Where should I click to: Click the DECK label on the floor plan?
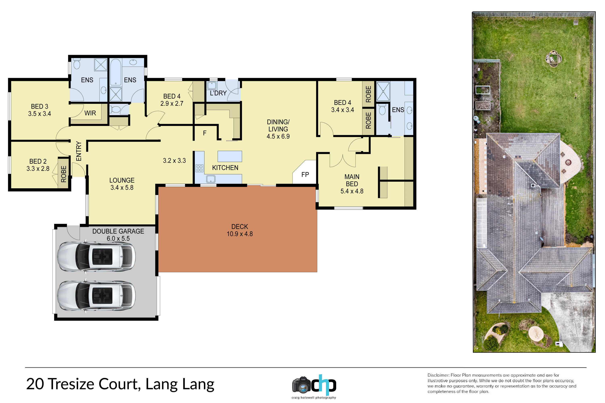coord(240,227)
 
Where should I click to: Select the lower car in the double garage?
coord(96,295)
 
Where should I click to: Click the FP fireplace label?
coord(305,175)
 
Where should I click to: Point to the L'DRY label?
coord(218,93)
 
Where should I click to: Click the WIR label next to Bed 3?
coord(90,113)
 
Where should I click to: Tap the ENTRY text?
coord(79,151)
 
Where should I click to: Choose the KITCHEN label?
coord(225,168)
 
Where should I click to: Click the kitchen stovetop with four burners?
coord(200,168)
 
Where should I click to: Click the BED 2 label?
coord(38,161)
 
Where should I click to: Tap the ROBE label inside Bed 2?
coord(64,174)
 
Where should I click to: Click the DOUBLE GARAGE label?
coord(118,231)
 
